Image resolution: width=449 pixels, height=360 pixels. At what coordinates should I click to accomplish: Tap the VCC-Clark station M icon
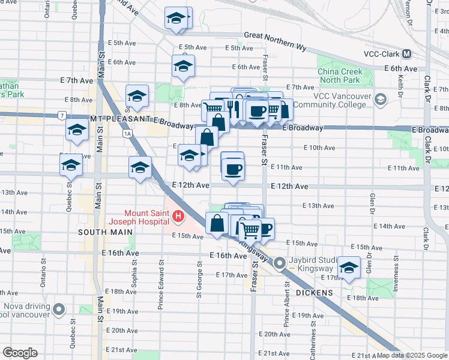point(407,53)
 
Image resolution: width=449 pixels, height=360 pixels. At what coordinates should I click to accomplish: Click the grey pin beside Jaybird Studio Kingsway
point(280,263)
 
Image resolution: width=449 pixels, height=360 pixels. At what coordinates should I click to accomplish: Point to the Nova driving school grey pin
point(59,310)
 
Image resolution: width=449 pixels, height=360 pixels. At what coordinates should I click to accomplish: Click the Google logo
point(20,352)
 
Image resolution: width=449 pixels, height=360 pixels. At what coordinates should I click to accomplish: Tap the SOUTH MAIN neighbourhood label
point(100,232)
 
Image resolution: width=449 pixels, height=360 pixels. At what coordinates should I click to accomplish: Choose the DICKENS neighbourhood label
point(314,292)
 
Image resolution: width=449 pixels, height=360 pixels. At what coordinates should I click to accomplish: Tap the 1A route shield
point(127,134)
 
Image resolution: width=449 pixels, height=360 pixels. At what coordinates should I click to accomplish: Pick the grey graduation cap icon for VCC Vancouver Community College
point(380,98)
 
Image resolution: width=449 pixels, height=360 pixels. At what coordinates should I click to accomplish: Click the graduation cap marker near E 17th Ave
point(348,267)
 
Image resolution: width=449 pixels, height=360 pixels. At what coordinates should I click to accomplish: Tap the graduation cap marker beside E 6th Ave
point(183,67)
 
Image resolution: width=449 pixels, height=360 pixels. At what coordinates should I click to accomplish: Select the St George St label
point(199,277)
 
